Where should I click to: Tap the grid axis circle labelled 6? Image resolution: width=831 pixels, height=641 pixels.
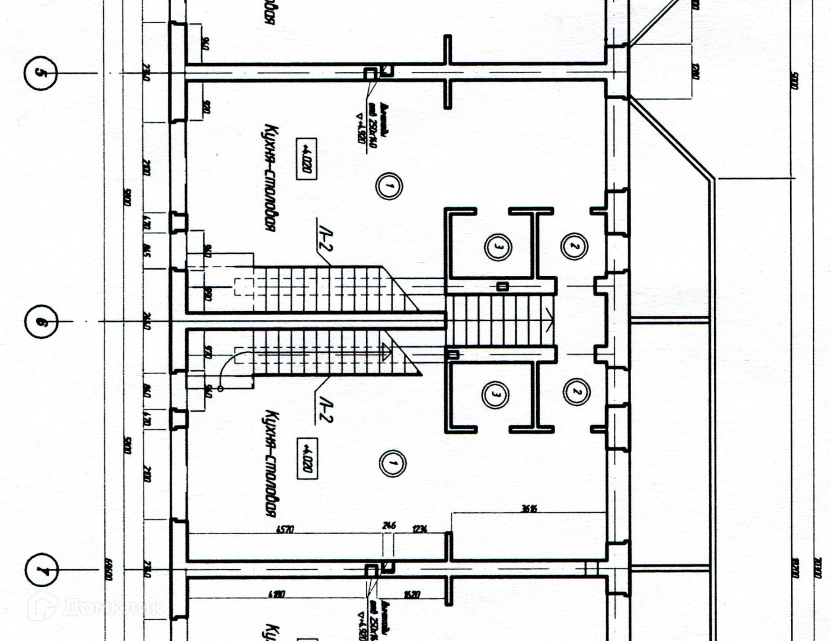click(42, 322)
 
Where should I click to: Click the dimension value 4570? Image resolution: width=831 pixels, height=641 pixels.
click(285, 529)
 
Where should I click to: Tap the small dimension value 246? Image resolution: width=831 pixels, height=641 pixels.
click(389, 526)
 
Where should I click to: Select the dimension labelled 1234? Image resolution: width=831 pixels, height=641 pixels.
click(419, 529)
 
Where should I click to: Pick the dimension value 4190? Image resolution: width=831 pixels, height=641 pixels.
click(277, 594)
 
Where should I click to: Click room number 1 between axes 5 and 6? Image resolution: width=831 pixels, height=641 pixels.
click(389, 186)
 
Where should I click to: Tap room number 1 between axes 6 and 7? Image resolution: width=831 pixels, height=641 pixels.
click(392, 462)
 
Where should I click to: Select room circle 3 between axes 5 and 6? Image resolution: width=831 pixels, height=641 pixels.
click(497, 246)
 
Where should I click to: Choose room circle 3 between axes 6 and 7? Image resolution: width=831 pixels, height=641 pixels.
click(496, 394)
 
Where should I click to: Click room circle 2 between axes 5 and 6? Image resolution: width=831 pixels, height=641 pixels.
click(574, 246)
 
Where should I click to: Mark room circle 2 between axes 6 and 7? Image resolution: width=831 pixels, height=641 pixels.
click(576, 392)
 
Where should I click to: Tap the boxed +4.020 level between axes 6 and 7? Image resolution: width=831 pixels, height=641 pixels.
click(307, 458)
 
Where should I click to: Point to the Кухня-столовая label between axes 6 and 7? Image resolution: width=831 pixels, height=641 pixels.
click(270, 463)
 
